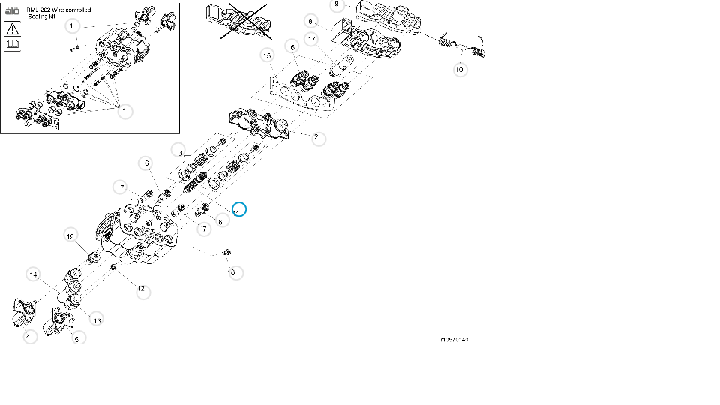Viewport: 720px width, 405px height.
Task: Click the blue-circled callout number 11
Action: (238, 210)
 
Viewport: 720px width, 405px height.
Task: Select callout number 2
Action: (318, 137)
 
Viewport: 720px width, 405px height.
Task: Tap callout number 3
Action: (178, 151)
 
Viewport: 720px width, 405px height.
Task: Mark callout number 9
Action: (337, 4)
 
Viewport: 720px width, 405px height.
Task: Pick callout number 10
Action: (460, 69)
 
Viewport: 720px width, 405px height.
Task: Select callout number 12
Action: (141, 289)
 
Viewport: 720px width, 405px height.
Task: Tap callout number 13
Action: (97, 320)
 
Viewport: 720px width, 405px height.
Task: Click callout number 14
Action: (33, 274)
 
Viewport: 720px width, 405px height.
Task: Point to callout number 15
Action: (265, 55)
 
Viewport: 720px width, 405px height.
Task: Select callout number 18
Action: (232, 271)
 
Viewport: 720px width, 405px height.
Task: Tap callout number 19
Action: (70, 236)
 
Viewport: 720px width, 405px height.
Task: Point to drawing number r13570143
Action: (454, 340)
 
